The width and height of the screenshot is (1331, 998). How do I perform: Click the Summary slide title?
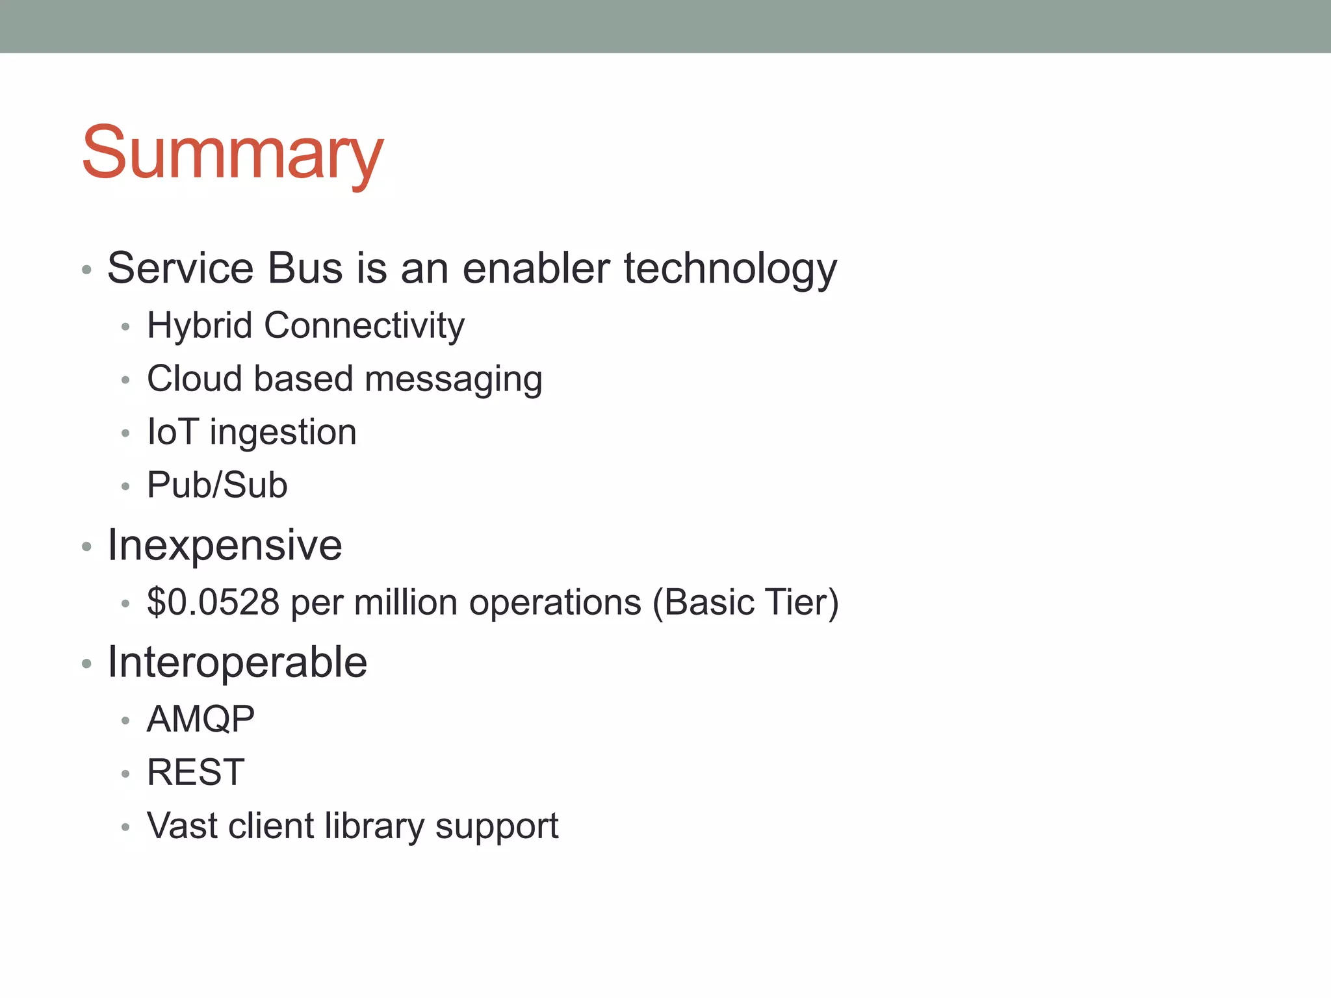pos(233,153)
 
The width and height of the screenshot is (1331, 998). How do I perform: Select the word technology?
pos(730,269)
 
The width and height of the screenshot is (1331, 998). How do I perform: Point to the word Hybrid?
pos(200,325)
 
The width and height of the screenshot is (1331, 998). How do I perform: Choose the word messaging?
pos(453,379)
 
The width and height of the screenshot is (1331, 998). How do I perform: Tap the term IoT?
pos(172,432)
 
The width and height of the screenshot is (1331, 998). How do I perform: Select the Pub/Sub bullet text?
pos(217,485)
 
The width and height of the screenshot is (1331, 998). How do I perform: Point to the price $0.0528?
pos(213,602)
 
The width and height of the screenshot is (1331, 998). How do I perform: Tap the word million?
pos(406,602)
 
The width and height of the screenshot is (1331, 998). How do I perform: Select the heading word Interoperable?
pos(237,662)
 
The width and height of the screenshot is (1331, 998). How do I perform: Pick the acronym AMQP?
pos(201,719)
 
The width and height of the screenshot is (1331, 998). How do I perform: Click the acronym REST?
pos(196,773)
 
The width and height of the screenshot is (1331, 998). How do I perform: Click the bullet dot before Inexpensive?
pos(86,546)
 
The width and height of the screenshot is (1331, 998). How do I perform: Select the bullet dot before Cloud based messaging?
pos(125,380)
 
